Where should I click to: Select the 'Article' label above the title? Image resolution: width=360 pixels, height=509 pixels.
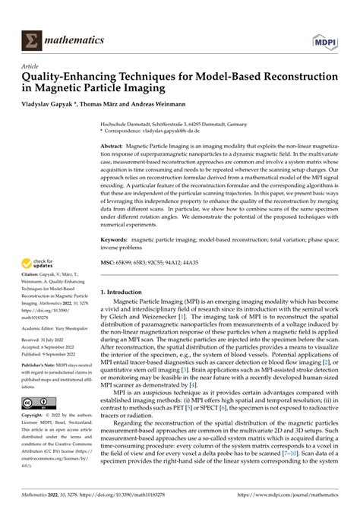[x=32, y=66]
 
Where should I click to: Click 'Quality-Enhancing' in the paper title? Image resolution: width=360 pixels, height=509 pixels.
[x=72, y=77]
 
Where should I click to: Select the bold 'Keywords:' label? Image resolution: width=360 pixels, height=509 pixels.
[x=116, y=239]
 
